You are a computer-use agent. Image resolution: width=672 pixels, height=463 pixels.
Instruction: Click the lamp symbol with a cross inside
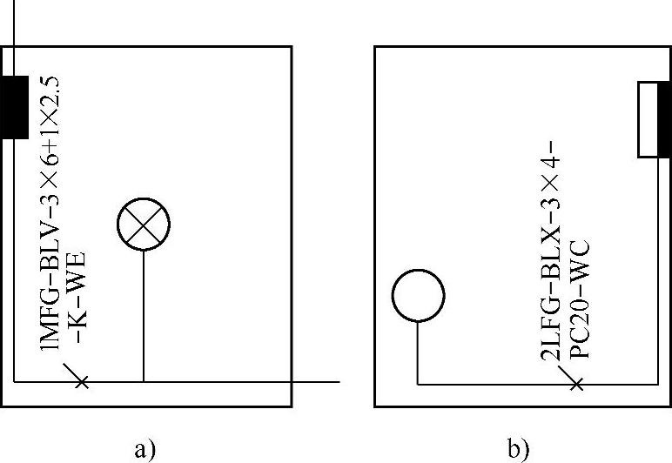143,225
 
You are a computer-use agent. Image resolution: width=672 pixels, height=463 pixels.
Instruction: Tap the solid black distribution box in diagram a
15,107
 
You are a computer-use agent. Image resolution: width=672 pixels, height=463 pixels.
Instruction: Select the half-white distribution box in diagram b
654,119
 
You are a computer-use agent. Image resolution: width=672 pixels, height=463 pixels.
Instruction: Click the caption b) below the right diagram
518,449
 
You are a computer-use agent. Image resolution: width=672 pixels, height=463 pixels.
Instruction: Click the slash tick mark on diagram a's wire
81,380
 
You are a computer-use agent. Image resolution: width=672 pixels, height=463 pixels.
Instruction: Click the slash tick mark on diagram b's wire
575,381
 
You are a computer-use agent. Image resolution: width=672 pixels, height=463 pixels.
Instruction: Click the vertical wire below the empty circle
418,352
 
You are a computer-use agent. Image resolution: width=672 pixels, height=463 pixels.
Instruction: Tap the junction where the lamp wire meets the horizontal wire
143,381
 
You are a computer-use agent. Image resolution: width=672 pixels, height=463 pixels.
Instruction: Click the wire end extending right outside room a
335,381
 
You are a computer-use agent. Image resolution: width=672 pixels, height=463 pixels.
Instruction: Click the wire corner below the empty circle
418,382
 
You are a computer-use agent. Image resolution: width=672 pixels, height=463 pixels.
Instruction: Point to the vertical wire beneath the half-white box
657,270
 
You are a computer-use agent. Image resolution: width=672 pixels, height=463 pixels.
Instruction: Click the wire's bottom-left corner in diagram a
15,381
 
